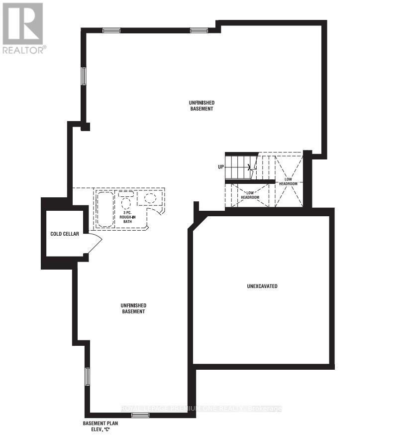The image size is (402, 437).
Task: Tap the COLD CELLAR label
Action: (x=65, y=234)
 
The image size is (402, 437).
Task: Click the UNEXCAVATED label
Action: (x=262, y=287)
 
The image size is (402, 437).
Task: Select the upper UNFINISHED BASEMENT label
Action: (x=201, y=105)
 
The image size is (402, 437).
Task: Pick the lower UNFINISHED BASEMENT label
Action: (x=133, y=308)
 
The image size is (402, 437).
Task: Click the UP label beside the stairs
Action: (x=220, y=167)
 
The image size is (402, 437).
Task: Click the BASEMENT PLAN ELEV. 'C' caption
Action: (x=100, y=426)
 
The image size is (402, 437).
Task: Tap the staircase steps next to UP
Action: (x=241, y=166)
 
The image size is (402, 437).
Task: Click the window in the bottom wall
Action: (x=140, y=415)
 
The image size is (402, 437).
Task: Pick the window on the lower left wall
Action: (x=87, y=376)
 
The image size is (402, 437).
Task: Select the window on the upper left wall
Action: (x=84, y=76)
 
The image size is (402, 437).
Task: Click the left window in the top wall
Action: (x=112, y=31)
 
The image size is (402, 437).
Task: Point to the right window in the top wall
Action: (x=198, y=31)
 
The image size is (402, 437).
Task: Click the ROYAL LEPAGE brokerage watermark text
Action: (x=201, y=409)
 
